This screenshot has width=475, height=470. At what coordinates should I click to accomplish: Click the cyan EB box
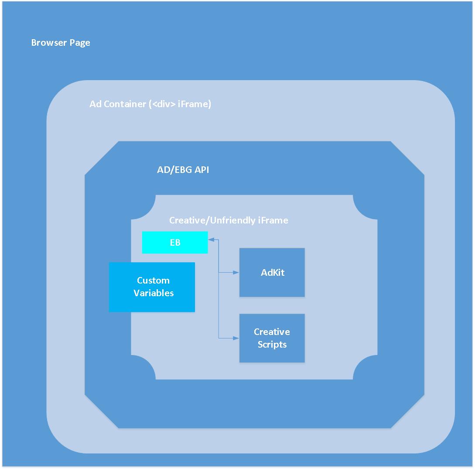point(175,242)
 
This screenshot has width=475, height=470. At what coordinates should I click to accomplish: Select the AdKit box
point(272,272)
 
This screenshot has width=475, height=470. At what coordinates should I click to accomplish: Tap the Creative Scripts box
point(272,338)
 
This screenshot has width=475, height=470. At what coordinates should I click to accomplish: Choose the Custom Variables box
point(152,287)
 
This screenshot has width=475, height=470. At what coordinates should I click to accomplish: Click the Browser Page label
point(61,43)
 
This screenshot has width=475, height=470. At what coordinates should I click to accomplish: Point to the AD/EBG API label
point(183,170)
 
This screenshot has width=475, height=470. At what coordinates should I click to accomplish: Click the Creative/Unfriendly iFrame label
point(229,220)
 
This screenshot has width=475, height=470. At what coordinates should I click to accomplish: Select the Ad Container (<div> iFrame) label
point(150,104)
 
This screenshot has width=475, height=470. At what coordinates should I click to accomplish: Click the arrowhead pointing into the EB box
point(211,239)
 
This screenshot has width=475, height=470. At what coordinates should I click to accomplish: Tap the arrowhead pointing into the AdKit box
point(236,273)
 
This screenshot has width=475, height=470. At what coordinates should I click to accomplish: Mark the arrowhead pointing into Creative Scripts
point(236,338)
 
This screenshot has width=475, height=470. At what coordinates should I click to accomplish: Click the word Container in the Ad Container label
point(125,104)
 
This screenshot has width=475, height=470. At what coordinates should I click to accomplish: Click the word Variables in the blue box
point(154,293)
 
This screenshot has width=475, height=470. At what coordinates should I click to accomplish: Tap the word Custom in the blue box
point(153,281)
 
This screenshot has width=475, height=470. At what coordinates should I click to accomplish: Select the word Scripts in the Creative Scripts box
point(272,345)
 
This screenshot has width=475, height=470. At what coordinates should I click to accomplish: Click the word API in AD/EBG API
point(202,170)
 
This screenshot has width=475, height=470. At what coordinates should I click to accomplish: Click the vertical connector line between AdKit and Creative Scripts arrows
point(219,305)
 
